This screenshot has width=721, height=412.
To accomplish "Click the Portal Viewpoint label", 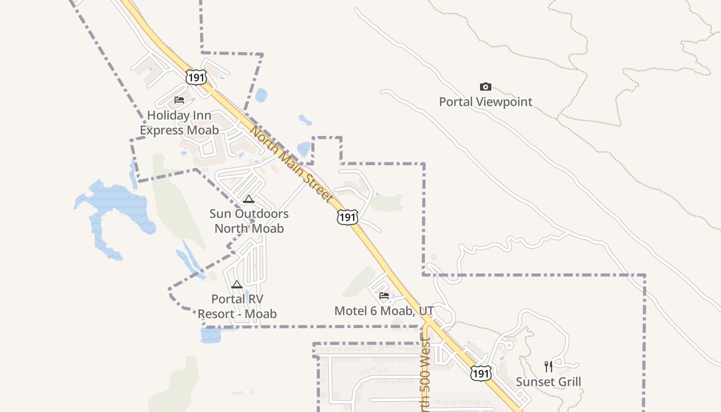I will (x=485, y=101).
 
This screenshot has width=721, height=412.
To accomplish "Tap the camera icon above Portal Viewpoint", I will (x=485, y=87).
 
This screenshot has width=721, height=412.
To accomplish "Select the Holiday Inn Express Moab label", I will (x=179, y=123).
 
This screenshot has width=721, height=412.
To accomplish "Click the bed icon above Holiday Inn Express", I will (x=179, y=100).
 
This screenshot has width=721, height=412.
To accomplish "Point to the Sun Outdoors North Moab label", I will (x=249, y=221).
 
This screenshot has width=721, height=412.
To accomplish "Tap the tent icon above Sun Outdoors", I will (x=248, y=199).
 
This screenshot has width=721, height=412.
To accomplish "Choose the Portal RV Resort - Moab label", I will (x=237, y=306).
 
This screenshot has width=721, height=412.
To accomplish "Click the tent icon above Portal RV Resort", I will (x=236, y=284).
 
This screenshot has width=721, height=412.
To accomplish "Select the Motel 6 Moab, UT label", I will (x=384, y=311).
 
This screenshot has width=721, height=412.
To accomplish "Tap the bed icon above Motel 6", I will (x=384, y=296).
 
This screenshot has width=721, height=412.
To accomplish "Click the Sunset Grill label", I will (x=548, y=382).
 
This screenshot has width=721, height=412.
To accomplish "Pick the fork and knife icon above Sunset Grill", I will (x=548, y=367).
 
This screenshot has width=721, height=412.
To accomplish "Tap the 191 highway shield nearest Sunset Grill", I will (x=480, y=373).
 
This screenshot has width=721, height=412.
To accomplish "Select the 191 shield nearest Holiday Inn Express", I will (x=196, y=77).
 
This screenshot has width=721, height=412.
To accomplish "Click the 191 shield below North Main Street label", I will (x=348, y=217).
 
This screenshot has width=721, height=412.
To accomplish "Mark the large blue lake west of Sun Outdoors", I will (x=116, y=206).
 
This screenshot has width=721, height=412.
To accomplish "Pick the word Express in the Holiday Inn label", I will (x=159, y=130).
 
